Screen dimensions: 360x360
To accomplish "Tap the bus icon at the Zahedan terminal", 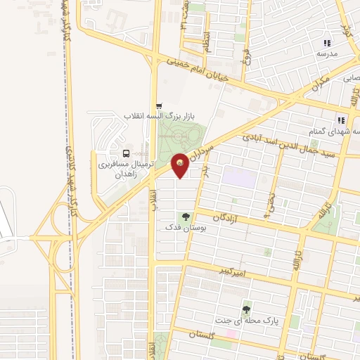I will point(126,153).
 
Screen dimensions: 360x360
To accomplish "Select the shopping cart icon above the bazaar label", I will point(159,106).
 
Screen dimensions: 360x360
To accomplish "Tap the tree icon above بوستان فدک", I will point(186,217).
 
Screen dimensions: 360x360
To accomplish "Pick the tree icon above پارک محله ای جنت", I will point(247,309).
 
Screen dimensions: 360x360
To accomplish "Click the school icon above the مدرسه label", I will point(326,44).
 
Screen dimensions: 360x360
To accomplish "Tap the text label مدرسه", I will point(327,53).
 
